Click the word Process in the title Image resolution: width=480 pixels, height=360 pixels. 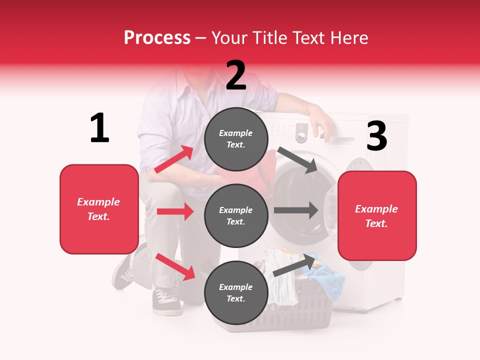157,37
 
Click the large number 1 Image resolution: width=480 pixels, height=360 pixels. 99,128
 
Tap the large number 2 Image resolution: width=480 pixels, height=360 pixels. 236,75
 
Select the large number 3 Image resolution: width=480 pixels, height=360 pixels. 376,136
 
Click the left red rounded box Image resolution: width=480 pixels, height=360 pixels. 99,209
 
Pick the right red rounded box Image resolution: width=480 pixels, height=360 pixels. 377,215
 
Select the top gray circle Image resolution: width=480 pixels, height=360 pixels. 236,139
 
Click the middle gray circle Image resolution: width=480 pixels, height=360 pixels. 236,215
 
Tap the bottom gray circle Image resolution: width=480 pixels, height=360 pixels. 236,292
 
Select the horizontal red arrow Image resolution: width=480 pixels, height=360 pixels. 175,211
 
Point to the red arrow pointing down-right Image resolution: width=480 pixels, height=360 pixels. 175,266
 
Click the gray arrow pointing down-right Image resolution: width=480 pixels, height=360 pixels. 297,159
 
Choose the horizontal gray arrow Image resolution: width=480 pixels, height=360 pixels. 295,210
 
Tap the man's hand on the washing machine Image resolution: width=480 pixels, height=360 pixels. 320,125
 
